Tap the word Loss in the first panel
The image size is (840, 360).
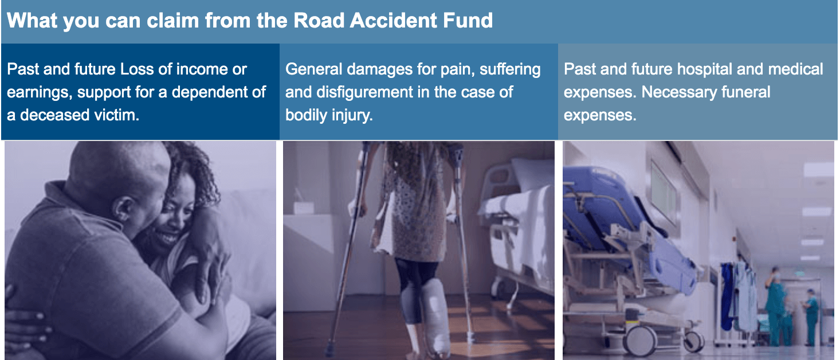tap(136, 70)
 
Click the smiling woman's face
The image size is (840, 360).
tap(168, 224)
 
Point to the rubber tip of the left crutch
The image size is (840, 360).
tap(329, 349)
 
